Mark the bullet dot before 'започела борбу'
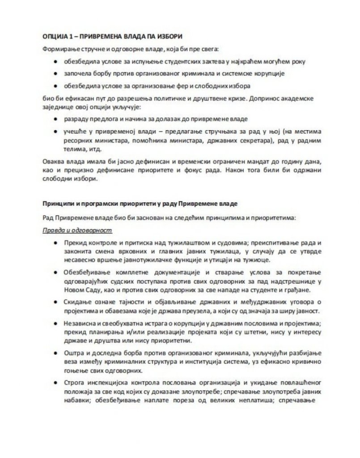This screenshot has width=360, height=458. click(55, 73)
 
